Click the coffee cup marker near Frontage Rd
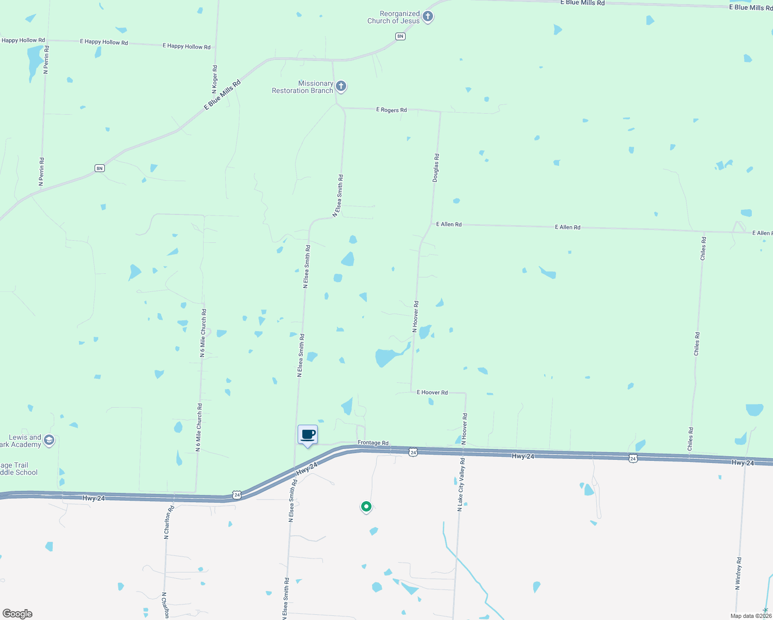pyautogui.click(x=307, y=435)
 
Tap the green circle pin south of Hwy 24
pyautogui.click(x=366, y=506)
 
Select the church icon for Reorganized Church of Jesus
pyautogui.click(x=428, y=17)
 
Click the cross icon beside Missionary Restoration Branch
pyautogui.click(x=341, y=86)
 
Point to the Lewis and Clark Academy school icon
pyautogui.click(x=49, y=440)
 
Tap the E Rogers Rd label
pyautogui.click(x=391, y=110)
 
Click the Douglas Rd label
pyautogui.click(x=436, y=167)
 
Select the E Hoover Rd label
pyautogui.click(x=432, y=393)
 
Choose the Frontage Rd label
pyautogui.click(x=373, y=443)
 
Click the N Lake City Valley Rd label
pyautogui.click(x=461, y=485)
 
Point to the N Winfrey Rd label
pyautogui.click(x=739, y=574)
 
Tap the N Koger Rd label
pyautogui.click(x=215, y=80)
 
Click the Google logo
pyautogui.click(x=18, y=614)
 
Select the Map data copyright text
pyautogui.click(x=751, y=616)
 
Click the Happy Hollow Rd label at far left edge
pyautogui.click(x=23, y=40)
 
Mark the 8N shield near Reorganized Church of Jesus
pyautogui.click(x=400, y=36)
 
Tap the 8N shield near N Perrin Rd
pyautogui.click(x=100, y=168)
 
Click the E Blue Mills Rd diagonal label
pyautogui.click(x=223, y=95)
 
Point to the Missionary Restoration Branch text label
pyautogui.click(x=303, y=87)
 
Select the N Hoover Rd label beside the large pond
pyautogui.click(x=415, y=317)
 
